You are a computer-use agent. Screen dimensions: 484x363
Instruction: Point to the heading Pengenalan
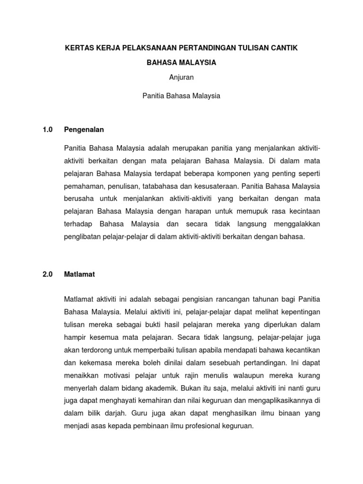click(84, 129)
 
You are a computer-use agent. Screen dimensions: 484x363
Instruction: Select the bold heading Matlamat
click(79, 274)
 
